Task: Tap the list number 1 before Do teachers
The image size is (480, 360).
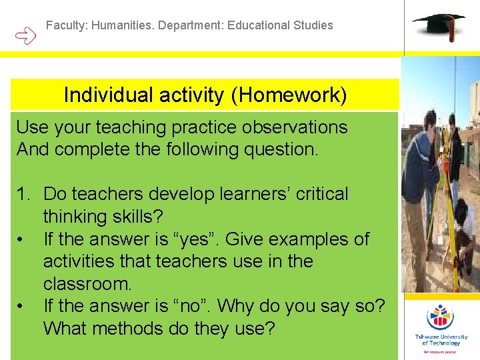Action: [x=24, y=194]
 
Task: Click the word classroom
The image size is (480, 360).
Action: [x=86, y=284]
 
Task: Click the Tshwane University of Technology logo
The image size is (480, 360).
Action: [x=440, y=327]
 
